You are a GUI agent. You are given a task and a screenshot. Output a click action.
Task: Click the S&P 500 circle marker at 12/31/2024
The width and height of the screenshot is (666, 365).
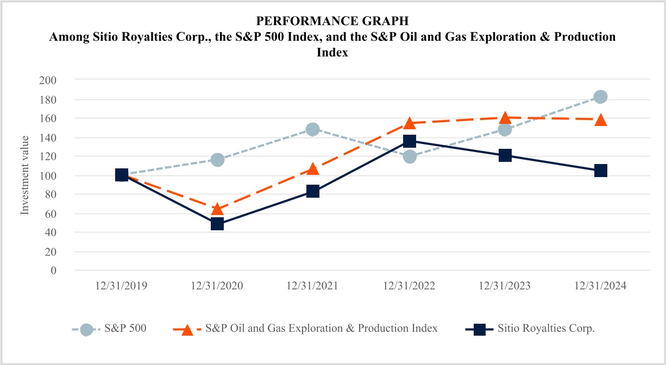pos(600,97)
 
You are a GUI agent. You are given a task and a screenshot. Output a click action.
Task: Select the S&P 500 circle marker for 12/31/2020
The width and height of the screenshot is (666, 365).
pos(217,160)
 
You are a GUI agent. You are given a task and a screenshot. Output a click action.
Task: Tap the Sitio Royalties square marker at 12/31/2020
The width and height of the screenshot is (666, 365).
pos(217,224)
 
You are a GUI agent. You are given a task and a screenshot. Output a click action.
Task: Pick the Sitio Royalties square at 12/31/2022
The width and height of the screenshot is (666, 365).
pos(410,141)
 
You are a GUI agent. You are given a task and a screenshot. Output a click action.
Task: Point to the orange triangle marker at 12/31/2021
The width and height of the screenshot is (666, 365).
pos(313,169)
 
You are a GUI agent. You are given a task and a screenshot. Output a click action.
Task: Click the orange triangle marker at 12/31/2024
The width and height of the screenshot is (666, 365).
pos(600,120)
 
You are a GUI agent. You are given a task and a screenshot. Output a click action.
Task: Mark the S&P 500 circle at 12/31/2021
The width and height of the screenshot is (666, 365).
pos(313,129)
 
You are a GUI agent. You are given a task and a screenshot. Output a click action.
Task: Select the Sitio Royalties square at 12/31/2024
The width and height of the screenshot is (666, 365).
pos(600,171)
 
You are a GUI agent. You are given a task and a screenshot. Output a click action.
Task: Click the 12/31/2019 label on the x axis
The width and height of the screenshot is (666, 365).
pos(121,286)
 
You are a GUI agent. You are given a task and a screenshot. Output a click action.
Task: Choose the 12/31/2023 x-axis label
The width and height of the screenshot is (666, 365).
pos(505,286)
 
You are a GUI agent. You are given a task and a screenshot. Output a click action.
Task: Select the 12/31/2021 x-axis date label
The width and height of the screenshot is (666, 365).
pos(313,286)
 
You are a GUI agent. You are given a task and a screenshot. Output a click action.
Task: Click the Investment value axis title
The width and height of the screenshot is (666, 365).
pos(25,175)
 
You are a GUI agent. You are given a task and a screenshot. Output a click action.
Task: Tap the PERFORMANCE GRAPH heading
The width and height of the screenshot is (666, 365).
pos(332,21)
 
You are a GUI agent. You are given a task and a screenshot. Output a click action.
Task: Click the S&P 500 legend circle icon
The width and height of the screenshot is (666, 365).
pos(86,329)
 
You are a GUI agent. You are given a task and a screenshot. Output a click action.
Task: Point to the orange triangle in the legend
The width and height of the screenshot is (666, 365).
pos(187,329)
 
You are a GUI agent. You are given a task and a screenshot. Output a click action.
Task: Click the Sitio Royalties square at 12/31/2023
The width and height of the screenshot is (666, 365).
pos(505,155)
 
